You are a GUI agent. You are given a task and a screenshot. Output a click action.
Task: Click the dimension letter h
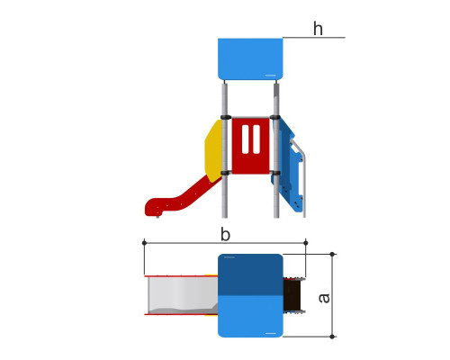pyautogui.click(x=318, y=29)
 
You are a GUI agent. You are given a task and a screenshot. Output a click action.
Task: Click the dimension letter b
pyautogui.click(x=225, y=234)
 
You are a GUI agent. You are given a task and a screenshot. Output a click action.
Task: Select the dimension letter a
pyautogui.click(x=324, y=298)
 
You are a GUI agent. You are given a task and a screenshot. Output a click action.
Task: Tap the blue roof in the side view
pyautogui.click(x=250, y=58)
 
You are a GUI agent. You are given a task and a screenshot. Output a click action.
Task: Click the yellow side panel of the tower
pyautogui.click(x=213, y=151)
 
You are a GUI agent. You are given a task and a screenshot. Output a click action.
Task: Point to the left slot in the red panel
pyautogui.click(x=245, y=139)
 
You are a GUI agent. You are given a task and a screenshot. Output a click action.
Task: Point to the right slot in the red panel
pyautogui.click(x=256, y=139)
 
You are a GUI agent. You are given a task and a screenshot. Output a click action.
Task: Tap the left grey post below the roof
pyautogui.click(x=225, y=150)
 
